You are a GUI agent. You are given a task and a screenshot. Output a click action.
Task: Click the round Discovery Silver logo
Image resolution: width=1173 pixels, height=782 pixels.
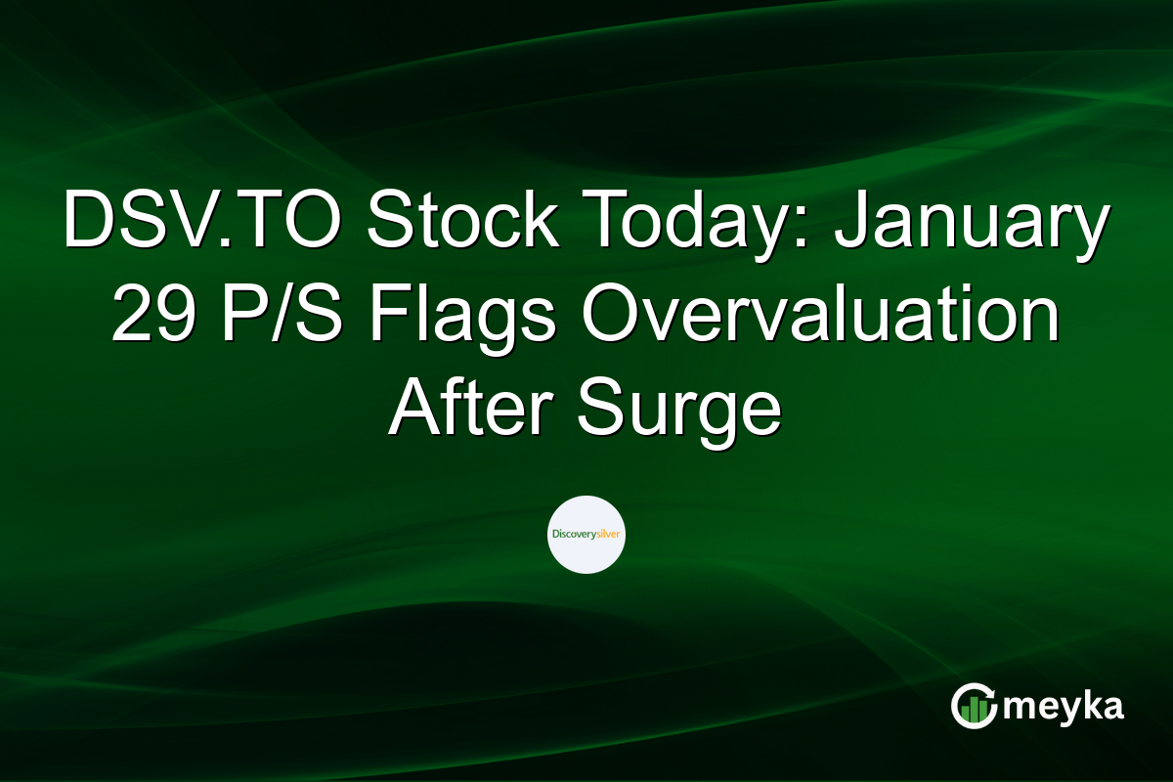coord(586,535)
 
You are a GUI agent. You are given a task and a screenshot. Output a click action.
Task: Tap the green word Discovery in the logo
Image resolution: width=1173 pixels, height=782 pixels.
coord(574,535)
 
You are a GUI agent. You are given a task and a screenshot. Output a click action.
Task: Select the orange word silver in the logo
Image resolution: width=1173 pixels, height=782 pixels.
coord(608,535)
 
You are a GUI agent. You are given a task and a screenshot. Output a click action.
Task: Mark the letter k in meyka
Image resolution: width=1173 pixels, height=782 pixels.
coord(1081,705)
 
